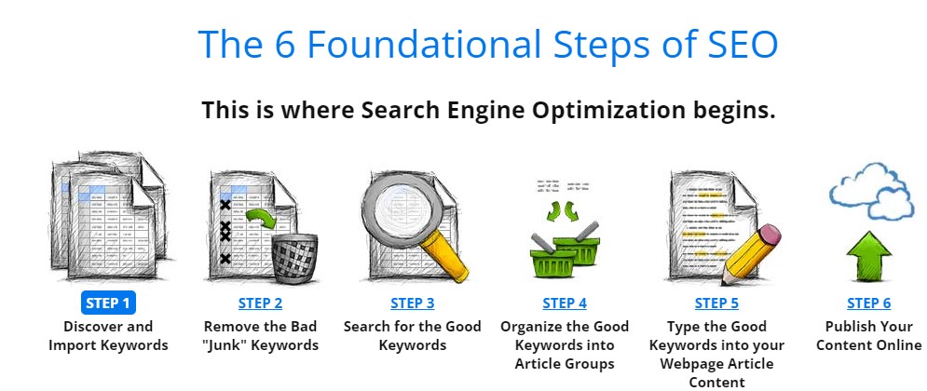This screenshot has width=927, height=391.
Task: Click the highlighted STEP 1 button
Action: (108, 303)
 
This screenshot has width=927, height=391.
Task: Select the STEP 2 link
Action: (260, 303)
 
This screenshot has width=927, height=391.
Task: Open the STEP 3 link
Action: (412, 303)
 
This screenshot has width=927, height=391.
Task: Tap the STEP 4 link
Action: (565, 303)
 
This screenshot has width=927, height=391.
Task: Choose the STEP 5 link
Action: (716, 303)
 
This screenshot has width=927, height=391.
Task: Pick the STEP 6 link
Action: (868, 303)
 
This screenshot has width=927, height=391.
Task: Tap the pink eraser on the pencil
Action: (768, 236)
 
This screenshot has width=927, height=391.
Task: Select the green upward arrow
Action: (868, 256)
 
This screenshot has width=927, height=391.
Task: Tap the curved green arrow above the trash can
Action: (261, 219)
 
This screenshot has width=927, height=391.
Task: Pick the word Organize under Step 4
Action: (528, 327)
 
